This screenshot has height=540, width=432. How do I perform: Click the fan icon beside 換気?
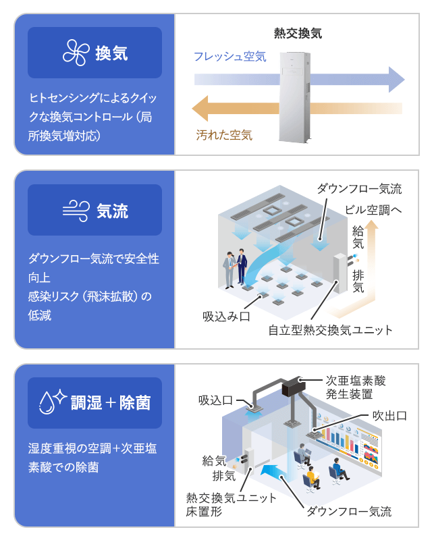coord(75,53)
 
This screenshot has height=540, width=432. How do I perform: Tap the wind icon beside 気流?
coord(75,210)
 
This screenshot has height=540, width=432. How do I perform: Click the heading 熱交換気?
coord(297,32)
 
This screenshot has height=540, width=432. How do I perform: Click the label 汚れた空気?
coord(224,135)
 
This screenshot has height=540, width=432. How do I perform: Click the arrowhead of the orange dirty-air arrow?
coord(200,107)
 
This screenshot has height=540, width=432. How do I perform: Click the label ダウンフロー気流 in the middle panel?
coord(359,188)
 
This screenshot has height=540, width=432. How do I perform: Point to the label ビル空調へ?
coord(373,210)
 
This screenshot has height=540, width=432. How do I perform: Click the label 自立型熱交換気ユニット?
coord(330,330)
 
